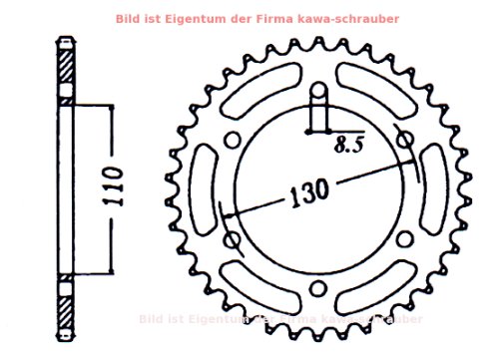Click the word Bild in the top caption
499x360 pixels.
tap(129, 18)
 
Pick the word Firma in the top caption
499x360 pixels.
tap(262, 18)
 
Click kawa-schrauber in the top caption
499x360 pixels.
tap(333, 18)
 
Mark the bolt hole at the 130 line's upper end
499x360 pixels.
tap(404, 141)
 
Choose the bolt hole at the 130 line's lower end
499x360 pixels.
tap(234, 239)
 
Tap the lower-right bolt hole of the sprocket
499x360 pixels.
tap(403, 240)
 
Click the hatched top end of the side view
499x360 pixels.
tap(65, 70)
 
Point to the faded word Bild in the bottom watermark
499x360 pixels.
tap(152, 319)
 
